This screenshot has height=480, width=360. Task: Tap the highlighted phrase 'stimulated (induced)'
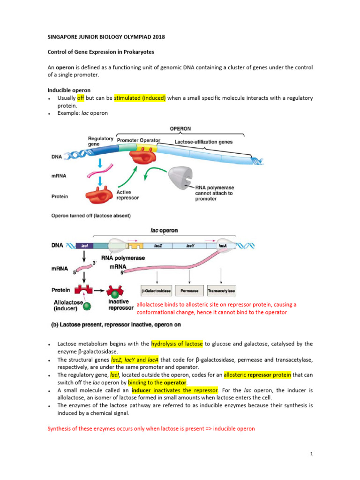tap(140, 98)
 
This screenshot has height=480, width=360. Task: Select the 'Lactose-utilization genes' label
tap(203, 142)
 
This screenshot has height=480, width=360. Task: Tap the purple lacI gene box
tap(85, 245)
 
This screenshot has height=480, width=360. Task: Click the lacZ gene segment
tap(157, 245)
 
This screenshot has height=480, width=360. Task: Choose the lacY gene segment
tap(190, 245)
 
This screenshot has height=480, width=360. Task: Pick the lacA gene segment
tap(223, 245)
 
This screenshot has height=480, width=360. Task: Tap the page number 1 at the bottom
tap(311, 454)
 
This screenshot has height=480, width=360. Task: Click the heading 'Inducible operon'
tap(69, 90)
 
